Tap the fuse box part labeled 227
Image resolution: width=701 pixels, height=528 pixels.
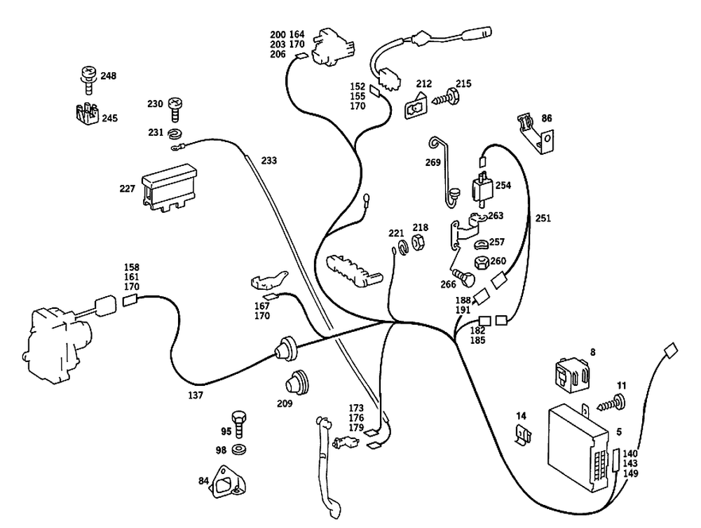(x=168, y=186)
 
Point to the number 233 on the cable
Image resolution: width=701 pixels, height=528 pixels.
(x=268, y=160)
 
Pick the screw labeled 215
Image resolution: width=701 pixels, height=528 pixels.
(x=446, y=98)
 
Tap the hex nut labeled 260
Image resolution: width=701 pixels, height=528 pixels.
(x=482, y=264)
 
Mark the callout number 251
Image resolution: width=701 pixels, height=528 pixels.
(x=543, y=218)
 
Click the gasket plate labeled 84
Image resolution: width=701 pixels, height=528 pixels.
(x=230, y=484)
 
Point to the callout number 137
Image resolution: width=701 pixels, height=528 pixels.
(x=196, y=396)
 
